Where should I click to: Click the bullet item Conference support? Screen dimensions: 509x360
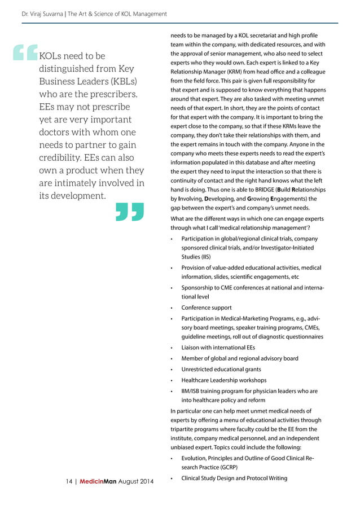[x=207, y=308]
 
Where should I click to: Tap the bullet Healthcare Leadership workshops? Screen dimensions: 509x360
[x=224, y=380]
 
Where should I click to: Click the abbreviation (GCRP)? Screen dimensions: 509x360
[x=223, y=468]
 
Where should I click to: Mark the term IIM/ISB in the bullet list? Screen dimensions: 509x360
[x=191, y=390]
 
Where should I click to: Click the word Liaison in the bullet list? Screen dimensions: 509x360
[x=191, y=348]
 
